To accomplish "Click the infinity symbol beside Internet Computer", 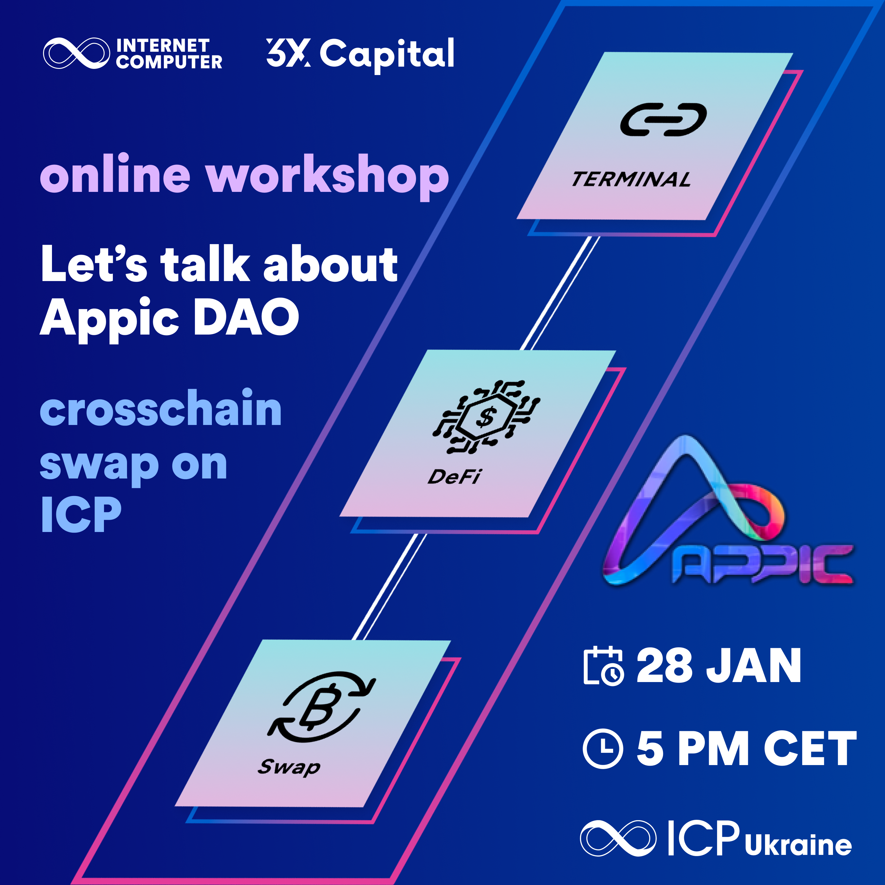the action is tap(77, 53).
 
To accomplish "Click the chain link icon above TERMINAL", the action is tap(663, 120).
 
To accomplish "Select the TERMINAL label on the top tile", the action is tap(631, 179).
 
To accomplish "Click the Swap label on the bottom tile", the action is tap(289, 767).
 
